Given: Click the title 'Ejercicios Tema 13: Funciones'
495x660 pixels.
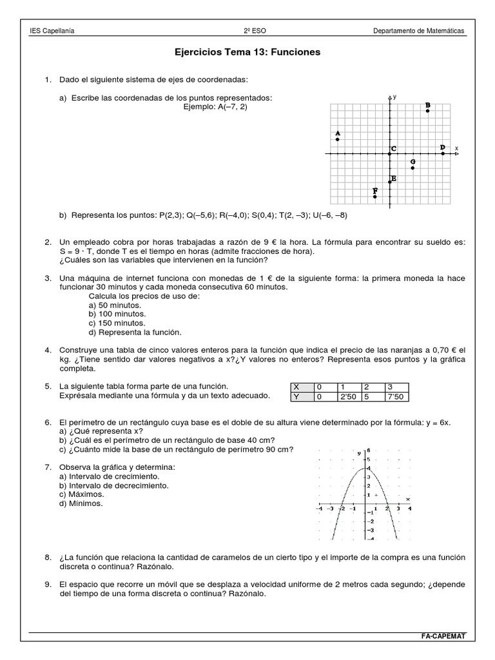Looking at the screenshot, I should pyautogui.click(x=247, y=52).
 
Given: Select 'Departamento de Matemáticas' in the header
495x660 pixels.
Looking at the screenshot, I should pyautogui.click(x=419, y=32).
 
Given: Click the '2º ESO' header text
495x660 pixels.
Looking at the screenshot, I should pyautogui.click(x=247, y=32).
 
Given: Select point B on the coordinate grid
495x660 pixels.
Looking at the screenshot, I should pyautogui.click(x=428, y=111).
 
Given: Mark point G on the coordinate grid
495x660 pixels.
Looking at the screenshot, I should pyautogui.click(x=412, y=168).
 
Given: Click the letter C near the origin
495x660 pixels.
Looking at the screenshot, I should pyautogui.click(x=393, y=150).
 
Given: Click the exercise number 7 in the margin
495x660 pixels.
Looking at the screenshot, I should pyautogui.click(x=48, y=466).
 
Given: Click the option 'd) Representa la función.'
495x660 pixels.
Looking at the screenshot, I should pyautogui.click(x=135, y=332).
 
